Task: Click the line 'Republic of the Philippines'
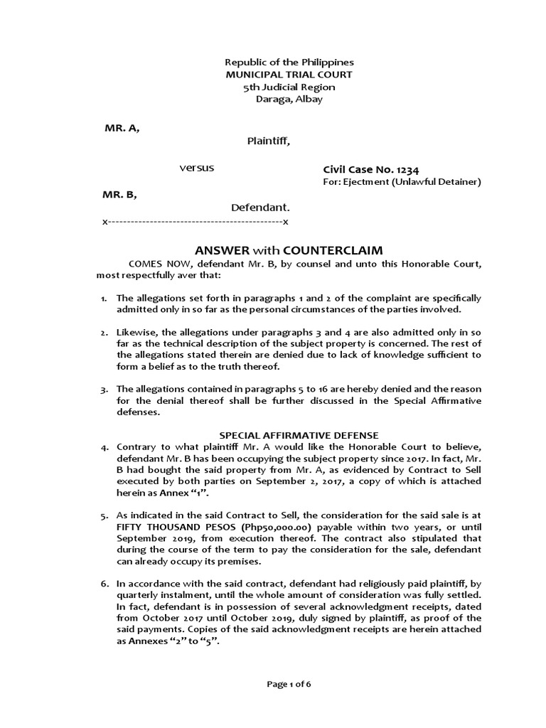click(289, 63)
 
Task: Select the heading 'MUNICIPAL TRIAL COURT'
click(289, 75)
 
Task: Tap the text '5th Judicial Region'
click(289, 87)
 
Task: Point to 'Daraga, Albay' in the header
click(289, 99)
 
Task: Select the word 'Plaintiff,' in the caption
click(268, 141)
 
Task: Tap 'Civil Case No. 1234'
click(370, 169)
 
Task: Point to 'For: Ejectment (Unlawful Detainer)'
click(402, 182)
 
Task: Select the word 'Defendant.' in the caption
click(260, 208)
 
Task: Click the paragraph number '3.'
click(104, 389)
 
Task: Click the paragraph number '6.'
click(104, 583)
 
